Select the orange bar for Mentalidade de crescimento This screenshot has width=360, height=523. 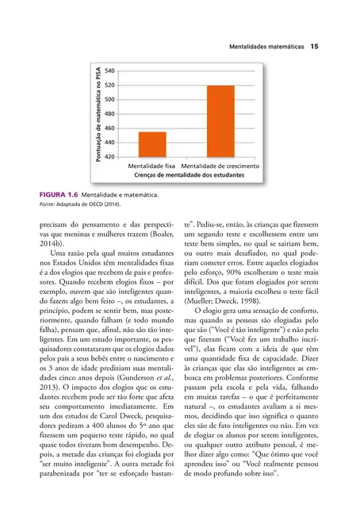[220, 120]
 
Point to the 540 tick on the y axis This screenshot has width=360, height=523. [109, 71]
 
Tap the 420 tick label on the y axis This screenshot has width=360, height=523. [109, 156]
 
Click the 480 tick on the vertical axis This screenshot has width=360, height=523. [109, 113]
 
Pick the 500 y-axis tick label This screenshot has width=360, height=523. [109, 99]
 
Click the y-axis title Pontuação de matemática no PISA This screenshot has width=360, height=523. [91, 113]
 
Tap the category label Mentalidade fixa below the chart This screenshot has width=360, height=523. [151, 166]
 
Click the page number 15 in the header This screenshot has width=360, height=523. [314, 48]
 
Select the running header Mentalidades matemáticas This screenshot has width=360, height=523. [266, 48]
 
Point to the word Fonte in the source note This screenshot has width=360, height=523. [47, 204]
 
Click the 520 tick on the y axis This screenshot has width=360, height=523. [109, 85]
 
